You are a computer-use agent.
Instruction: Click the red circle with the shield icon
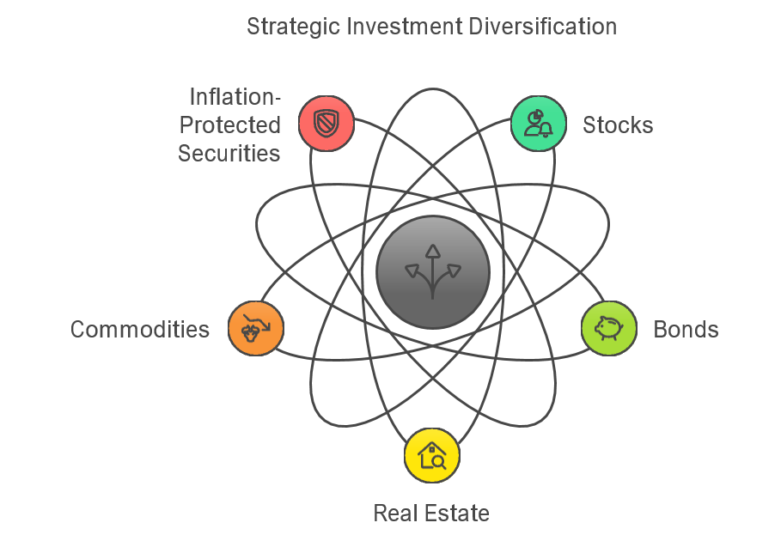(x=326, y=124)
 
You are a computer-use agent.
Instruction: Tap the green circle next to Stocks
(x=539, y=124)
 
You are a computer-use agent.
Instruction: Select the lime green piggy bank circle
(x=609, y=329)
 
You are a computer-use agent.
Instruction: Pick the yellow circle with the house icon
(x=432, y=455)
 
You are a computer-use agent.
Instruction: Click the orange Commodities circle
(x=255, y=329)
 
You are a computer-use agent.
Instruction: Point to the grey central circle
(x=433, y=271)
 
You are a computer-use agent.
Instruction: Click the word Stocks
(x=618, y=125)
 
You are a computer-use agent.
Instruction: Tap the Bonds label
(x=686, y=330)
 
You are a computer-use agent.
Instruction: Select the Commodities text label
(x=140, y=330)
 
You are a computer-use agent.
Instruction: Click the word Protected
(x=229, y=125)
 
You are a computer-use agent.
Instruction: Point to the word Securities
(x=229, y=154)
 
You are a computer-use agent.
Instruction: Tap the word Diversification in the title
(x=542, y=27)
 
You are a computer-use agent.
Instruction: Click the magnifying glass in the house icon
(x=439, y=462)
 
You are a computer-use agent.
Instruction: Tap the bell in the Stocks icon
(x=546, y=131)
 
